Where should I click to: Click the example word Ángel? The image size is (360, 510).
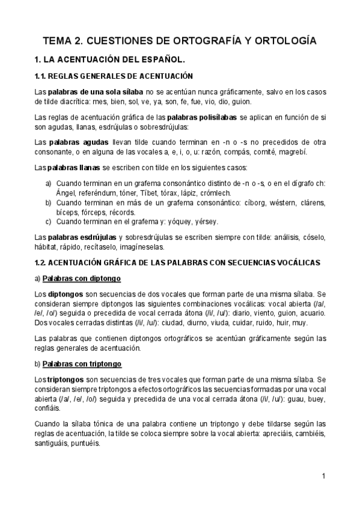click(x=67, y=192)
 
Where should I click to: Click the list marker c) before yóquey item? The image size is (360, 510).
click(x=49, y=222)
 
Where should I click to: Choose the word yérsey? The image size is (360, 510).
click(x=206, y=222)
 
